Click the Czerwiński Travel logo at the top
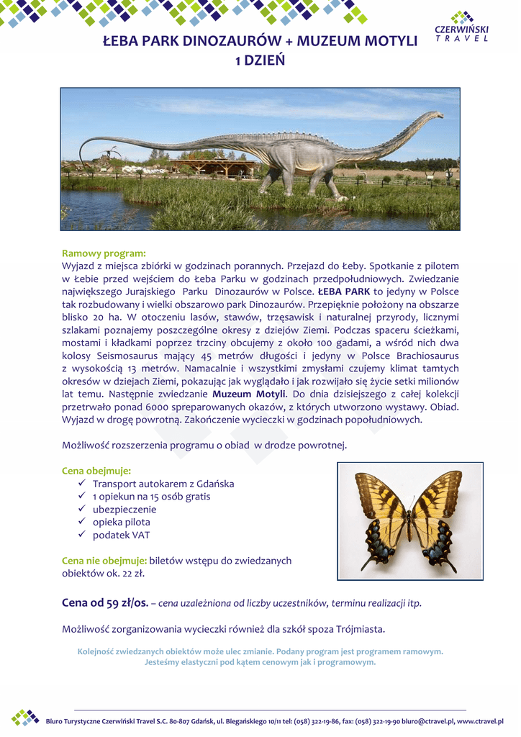click(x=461, y=27)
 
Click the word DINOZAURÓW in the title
click(x=235, y=41)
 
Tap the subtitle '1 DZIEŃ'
click(x=260, y=60)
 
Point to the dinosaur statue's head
click(x=436, y=114)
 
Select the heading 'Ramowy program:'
click(x=104, y=253)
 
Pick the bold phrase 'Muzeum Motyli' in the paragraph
click(x=249, y=394)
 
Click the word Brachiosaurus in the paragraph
click(x=425, y=356)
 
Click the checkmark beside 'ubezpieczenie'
click(x=82, y=509)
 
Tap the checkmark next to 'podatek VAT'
click(x=82, y=535)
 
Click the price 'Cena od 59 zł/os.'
click(x=105, y=602)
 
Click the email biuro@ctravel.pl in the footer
click(x=428, y=721)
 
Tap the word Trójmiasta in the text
click(x=360, y=629)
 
